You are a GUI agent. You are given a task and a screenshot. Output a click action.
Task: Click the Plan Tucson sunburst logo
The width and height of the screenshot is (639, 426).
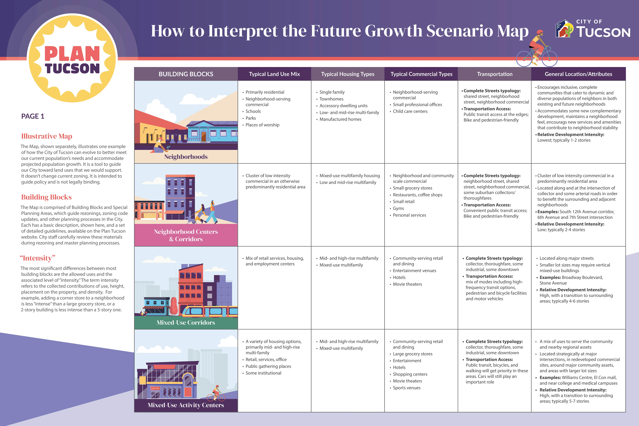click(x=72, y=58)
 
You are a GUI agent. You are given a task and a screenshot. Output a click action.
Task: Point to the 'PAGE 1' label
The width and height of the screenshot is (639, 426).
click(x=33, y=116)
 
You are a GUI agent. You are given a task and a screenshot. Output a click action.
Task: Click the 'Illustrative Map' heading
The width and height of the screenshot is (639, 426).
click(x=47, y=136)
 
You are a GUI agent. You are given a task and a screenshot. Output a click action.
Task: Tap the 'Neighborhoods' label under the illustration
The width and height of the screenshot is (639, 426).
click(x=186, y=157)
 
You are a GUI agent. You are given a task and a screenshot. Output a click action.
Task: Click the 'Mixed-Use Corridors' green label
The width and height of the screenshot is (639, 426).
click(x=186, y=322)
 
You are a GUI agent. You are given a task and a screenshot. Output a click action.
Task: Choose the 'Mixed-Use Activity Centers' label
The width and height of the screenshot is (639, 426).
click(x=186, y=405)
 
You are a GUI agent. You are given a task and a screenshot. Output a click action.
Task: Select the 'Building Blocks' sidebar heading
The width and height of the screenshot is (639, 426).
click(x=46, y=197)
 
